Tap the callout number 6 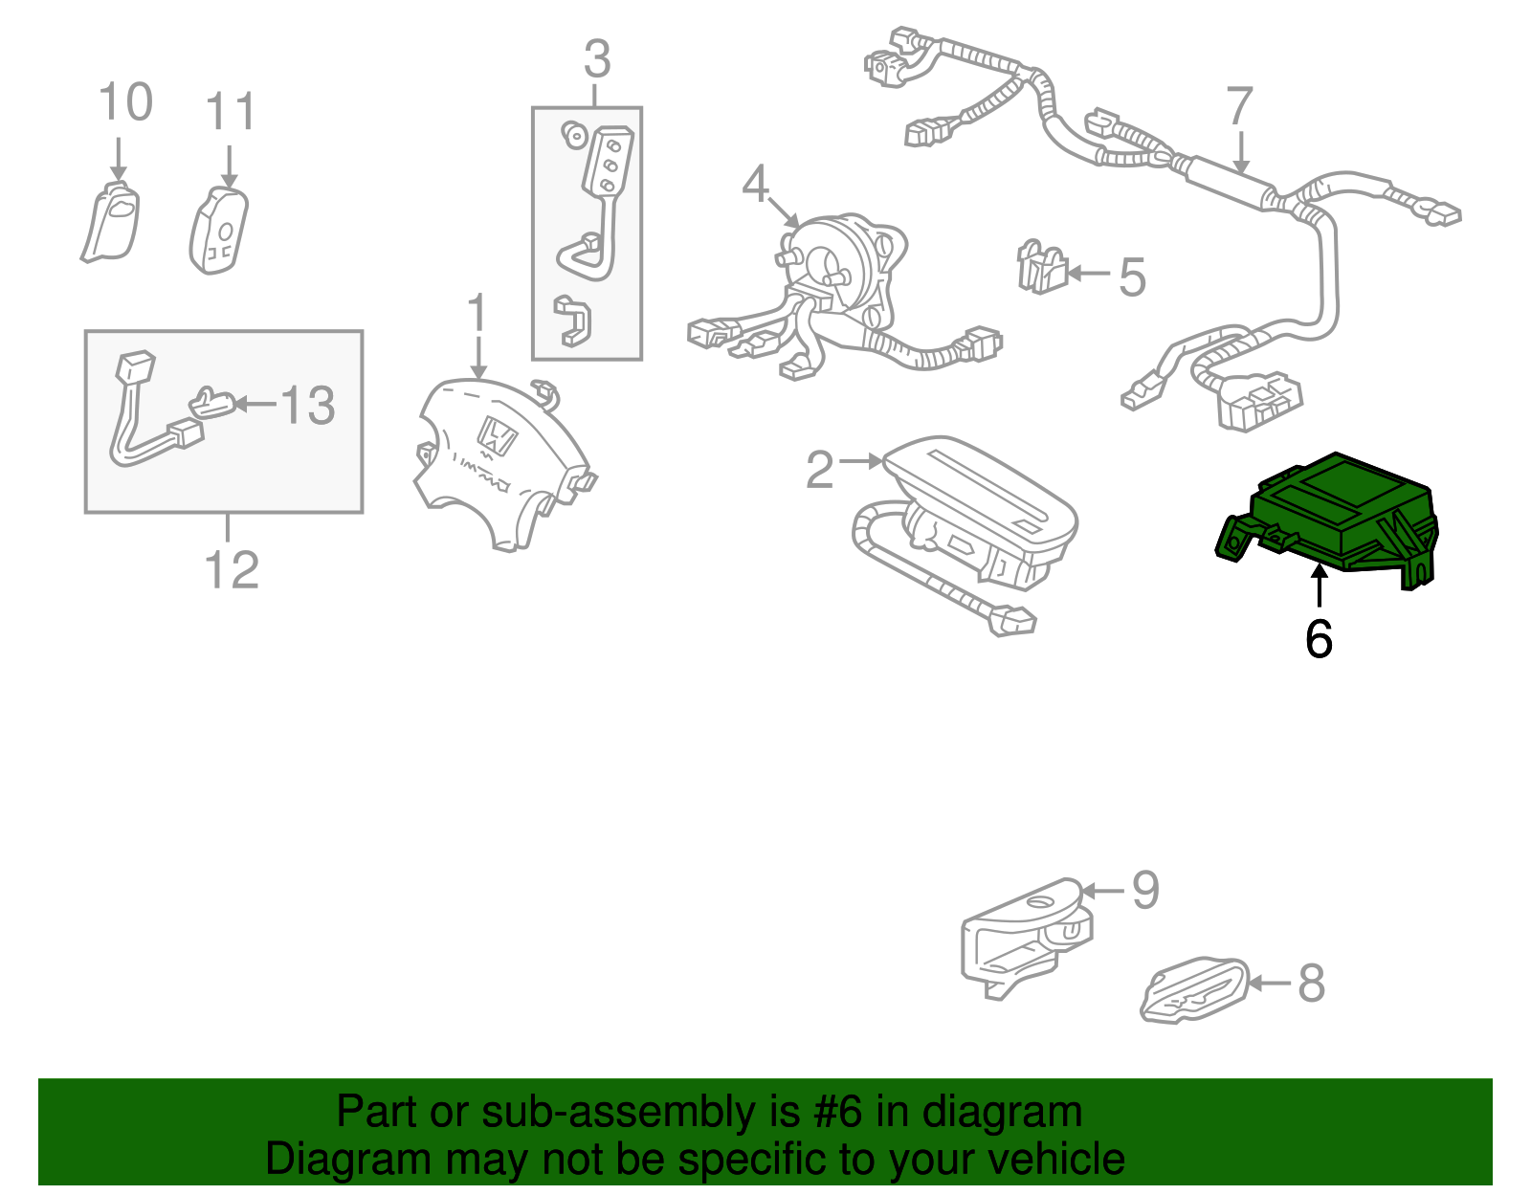1319,638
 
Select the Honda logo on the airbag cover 497,437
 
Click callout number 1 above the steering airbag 477,315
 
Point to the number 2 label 820,469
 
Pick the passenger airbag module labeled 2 976,517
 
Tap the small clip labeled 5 1042,267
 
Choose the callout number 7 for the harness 1239,106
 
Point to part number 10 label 125,102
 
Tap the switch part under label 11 219,231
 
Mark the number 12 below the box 232,570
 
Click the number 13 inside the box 307,406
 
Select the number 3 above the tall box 597,60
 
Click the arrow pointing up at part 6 1319,585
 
